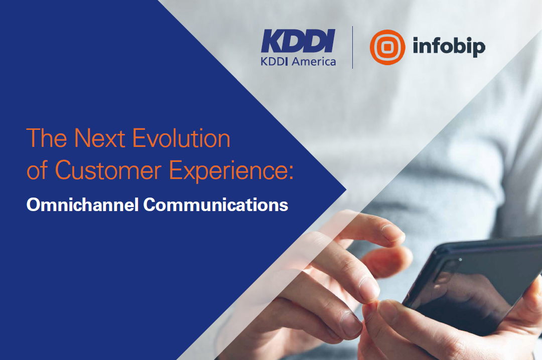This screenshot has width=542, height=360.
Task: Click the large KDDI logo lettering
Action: (x=298, y=41)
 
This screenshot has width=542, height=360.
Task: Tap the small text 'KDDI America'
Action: (x=298, y=62)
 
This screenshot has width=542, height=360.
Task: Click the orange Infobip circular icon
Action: (x=387, y=47)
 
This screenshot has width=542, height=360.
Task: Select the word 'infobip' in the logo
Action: (x=449, y=47)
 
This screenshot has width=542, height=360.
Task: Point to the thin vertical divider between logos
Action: (x=353, y=47)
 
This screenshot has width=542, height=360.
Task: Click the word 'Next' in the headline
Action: (x=99, y=138)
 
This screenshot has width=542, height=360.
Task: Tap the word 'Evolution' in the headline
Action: (x=182, y=138)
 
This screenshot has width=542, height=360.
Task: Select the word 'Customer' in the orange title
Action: (x=108, y=170)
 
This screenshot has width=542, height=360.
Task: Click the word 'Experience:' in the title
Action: (x=231, y=171)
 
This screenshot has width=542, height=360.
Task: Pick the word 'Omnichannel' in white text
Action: (x=83, y=205)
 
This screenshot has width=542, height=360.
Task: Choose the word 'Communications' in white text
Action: (x=216, y=205)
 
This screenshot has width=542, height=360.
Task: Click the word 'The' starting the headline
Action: (x=47, y=138)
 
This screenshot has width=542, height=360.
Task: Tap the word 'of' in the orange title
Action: (x=37, y=170)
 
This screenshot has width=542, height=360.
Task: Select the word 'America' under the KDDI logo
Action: (x=314, y=62)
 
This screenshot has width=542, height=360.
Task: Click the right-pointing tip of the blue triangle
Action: (x=346, y=190)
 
